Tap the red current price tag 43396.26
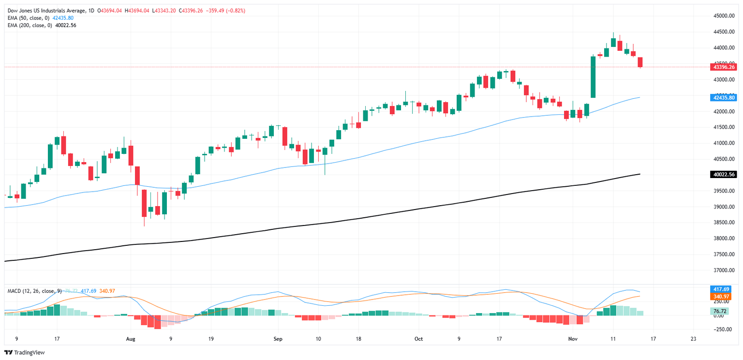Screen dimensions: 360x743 [722, 67]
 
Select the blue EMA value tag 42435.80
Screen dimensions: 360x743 [722, 98]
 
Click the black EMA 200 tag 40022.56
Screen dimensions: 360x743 [722, 174]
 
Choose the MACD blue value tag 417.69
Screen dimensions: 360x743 [722, 289]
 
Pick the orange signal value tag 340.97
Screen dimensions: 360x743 [722, 297]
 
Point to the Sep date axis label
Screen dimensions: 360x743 [277, 339]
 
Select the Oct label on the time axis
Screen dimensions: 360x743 [418, 339]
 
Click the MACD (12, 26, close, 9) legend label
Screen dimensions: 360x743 [34, 291]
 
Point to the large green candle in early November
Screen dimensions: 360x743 [593, 77]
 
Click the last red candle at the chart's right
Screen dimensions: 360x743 [640, 62]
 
